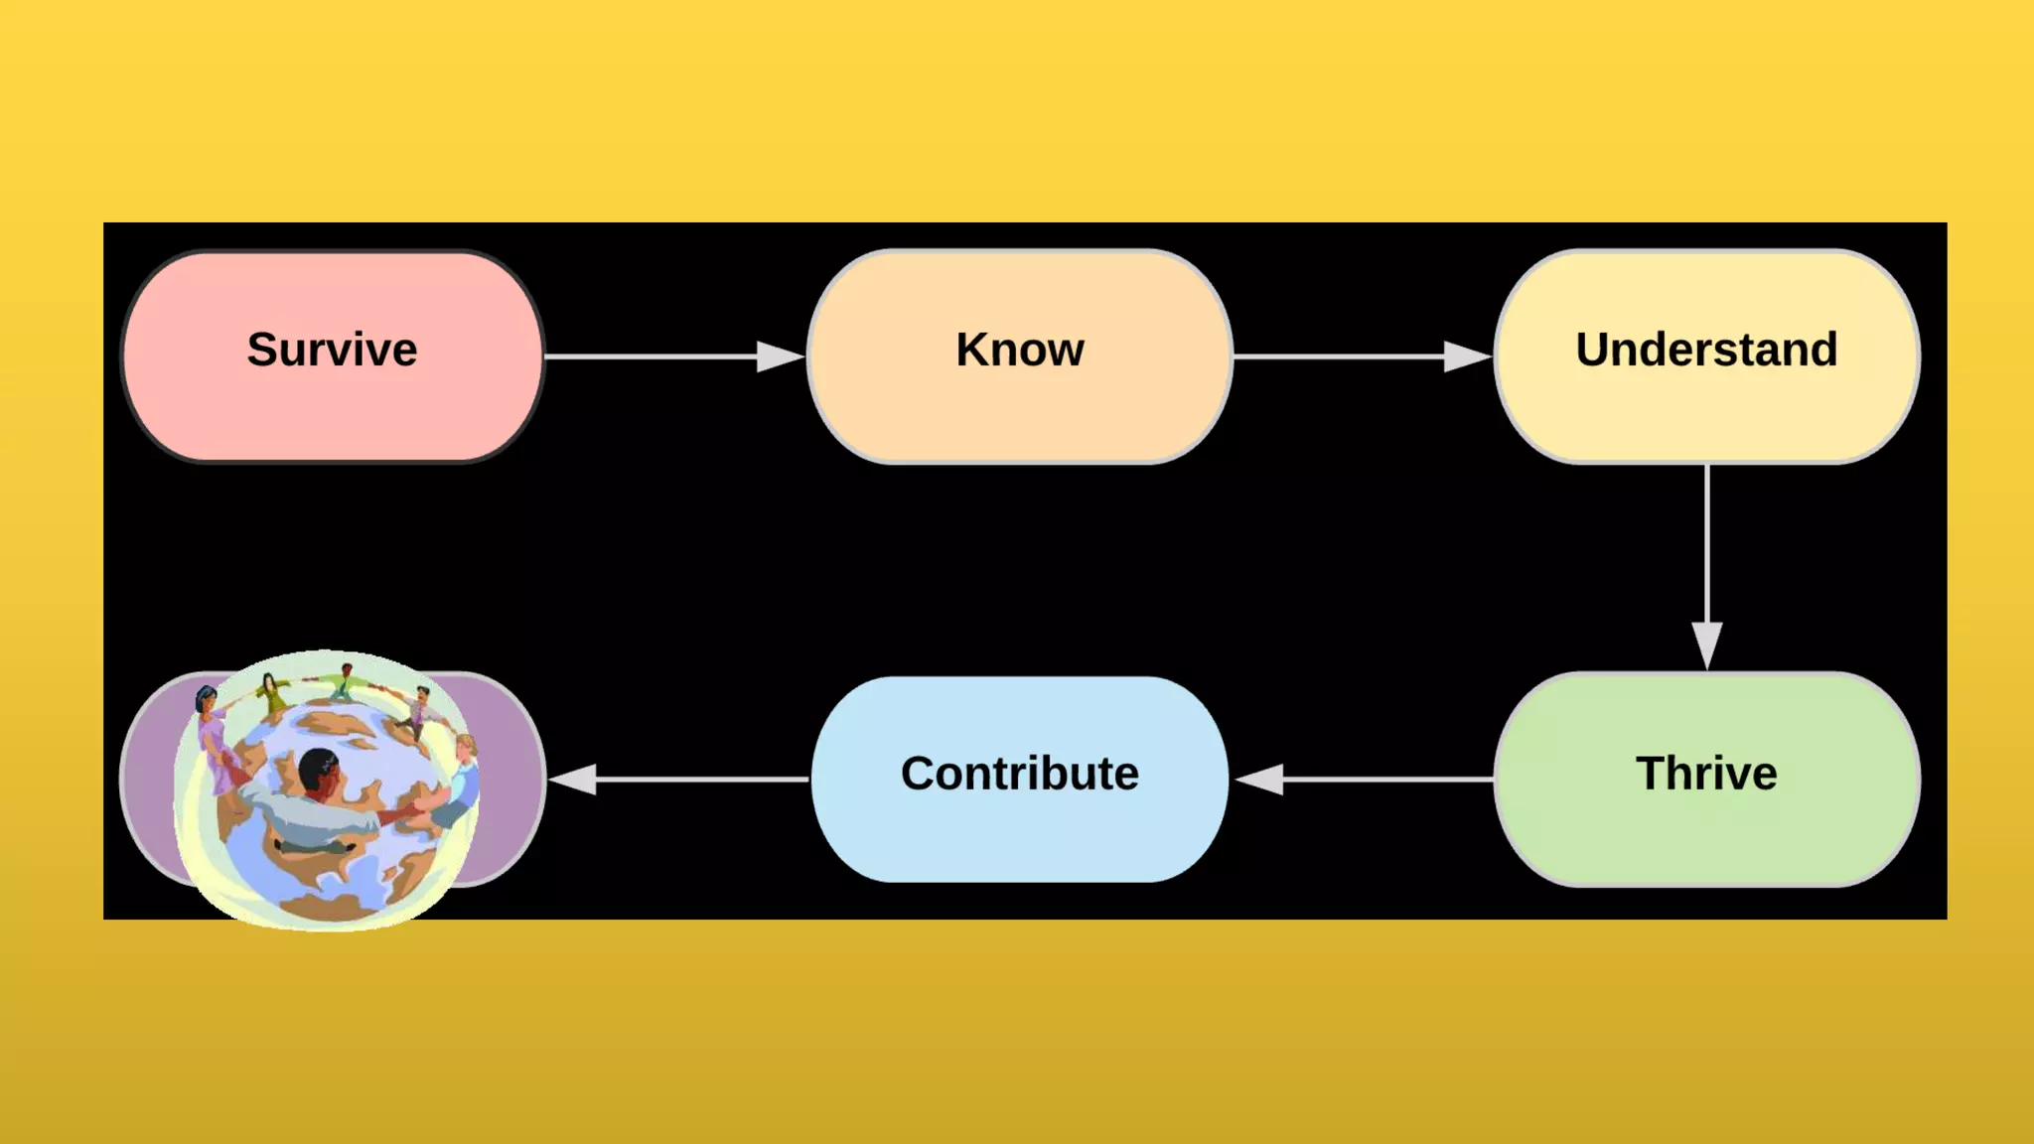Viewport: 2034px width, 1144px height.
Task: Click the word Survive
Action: (x=332, y=350)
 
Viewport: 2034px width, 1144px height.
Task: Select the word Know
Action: (x=1020, y=350)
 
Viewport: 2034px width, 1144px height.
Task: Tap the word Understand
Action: (x=1706, y=350)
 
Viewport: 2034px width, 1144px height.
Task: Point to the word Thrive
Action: (x=1706, y=774)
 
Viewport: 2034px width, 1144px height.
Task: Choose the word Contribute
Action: (x=1020, y=774)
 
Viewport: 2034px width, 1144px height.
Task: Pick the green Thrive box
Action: (x=1706, y=834)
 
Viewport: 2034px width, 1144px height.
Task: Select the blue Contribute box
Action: (x=1020, y=834)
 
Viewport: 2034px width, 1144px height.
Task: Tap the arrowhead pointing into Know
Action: (x=781, y=357)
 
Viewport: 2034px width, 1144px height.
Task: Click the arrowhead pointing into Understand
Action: (x=1468, y=357)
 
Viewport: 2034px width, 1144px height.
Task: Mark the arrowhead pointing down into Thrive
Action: (x=1706, y=644)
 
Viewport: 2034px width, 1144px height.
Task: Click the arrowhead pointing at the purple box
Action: (x=574, y=780)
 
